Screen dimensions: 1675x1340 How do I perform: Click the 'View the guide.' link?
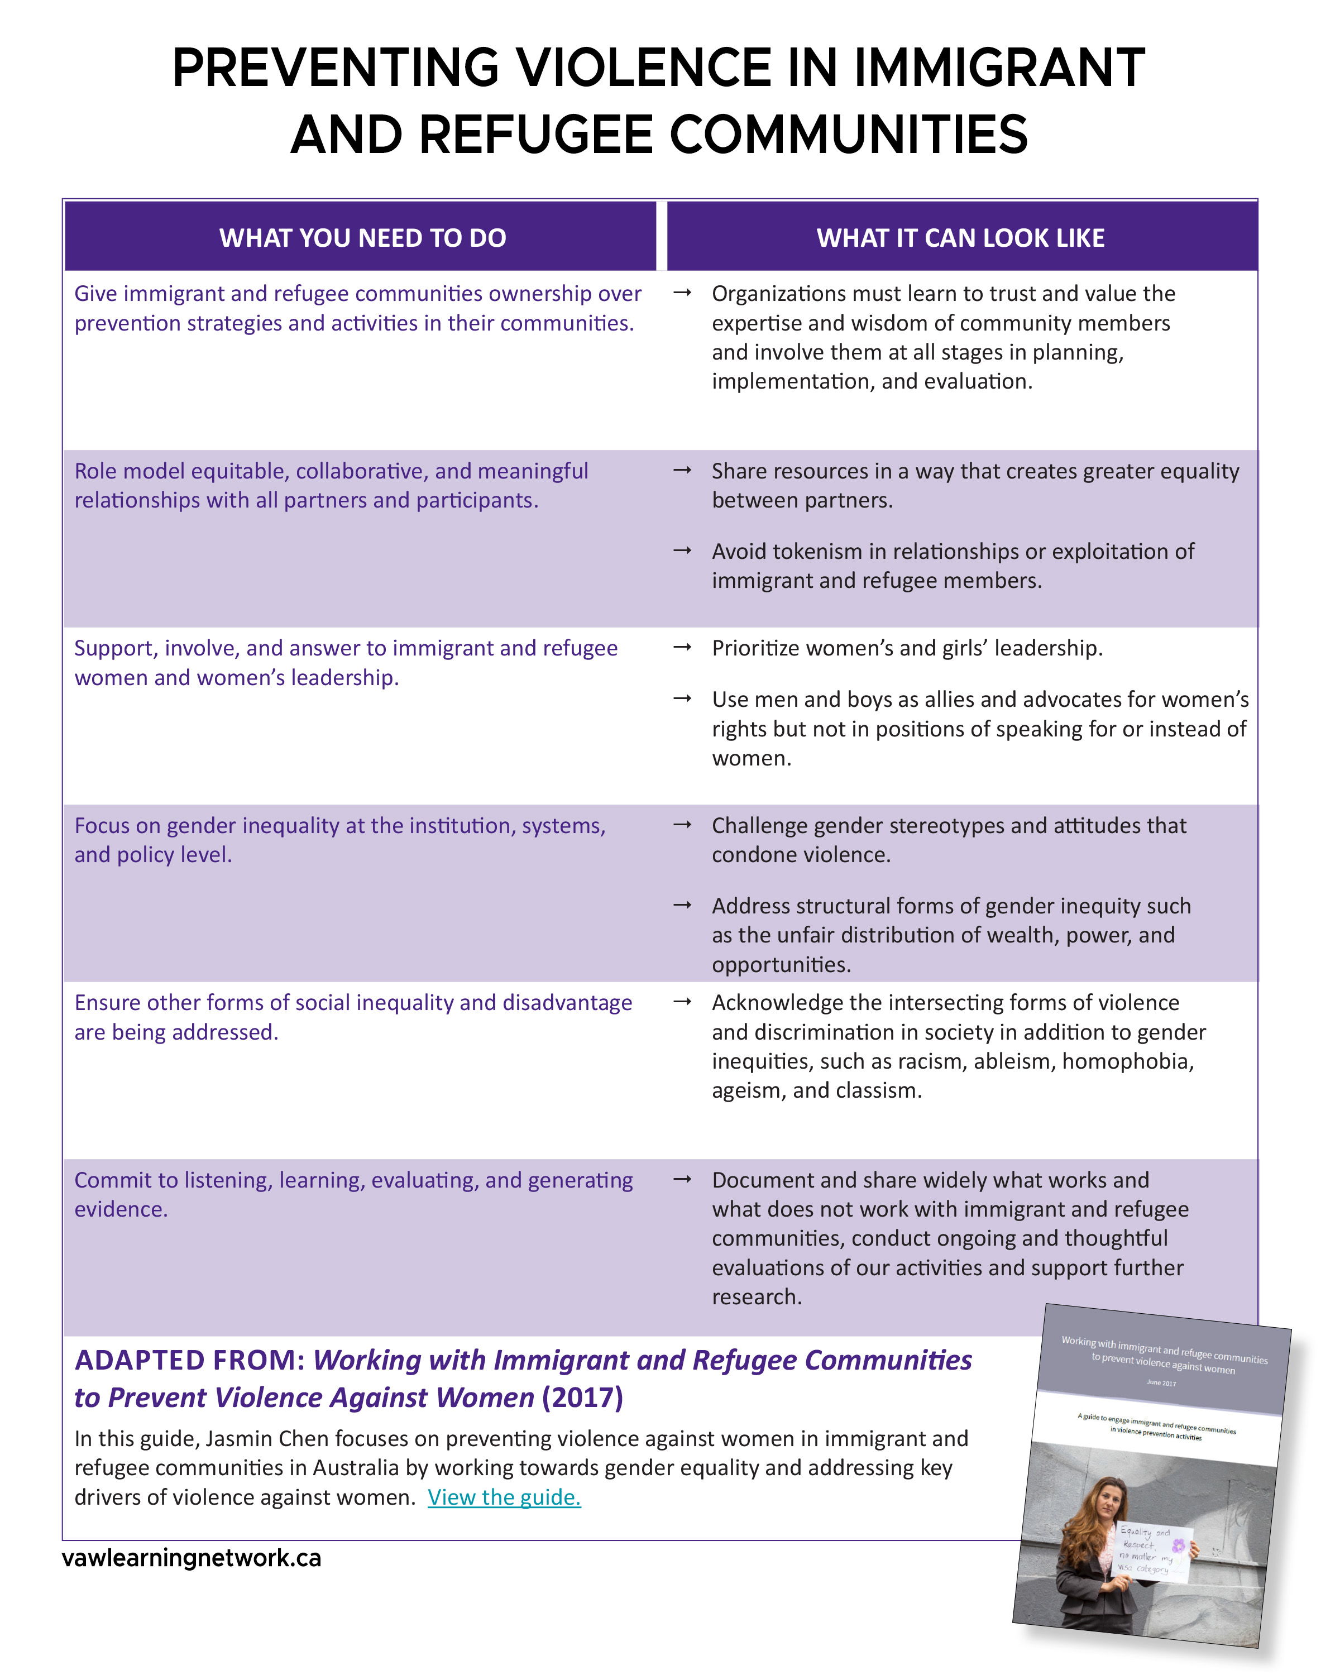pos(504,1497)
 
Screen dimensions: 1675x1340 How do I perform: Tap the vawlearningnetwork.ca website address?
pos(191,1558)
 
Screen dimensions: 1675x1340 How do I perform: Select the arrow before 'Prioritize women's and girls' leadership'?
pos(682,647)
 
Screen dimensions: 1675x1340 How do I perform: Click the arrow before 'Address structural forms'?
pos(682,905)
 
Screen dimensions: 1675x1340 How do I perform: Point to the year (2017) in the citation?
pos(582,1398)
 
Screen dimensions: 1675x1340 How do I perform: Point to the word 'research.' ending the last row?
pos(757,1296)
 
